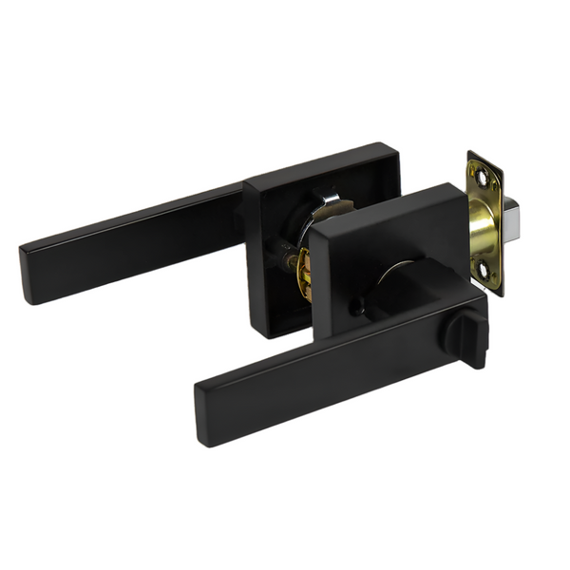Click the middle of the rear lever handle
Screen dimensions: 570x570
coord(133,237)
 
